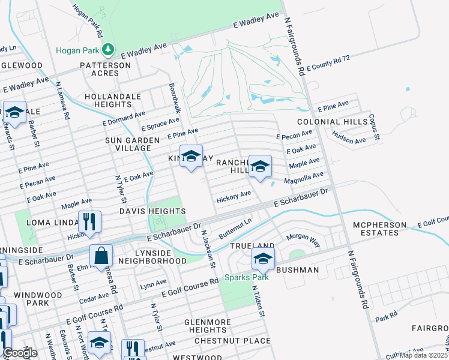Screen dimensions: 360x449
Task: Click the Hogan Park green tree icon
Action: [x=108, y=49]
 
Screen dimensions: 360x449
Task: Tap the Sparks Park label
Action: [x=244, y=278]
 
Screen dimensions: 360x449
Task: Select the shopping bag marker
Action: [x=101, y=256]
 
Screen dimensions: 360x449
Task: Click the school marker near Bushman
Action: [x=262, y=259]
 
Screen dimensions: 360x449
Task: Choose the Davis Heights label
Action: [x=152, y=211]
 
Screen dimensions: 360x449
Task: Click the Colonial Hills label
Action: [x=340, y=122]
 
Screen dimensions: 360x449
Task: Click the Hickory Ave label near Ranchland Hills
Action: [x=234, y=195]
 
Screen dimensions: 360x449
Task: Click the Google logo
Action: [x=20, y=353]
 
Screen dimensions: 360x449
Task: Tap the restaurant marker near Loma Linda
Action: [x=89, y=221]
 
